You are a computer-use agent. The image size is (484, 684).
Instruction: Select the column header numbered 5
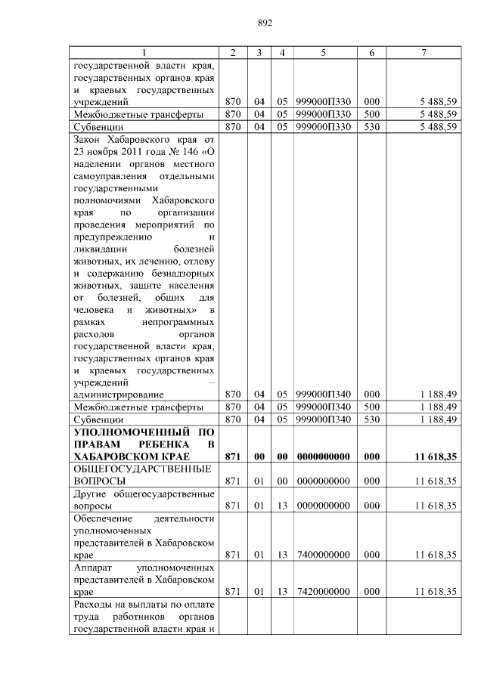tap(323, 52)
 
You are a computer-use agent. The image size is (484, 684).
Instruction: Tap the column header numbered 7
tap(424, 52)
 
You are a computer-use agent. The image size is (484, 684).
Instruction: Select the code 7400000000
tap(323, 554)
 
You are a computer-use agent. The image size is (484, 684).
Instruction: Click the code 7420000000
tap(323, 591)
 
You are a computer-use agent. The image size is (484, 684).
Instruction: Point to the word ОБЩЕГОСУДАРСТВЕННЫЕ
tap(141, 469)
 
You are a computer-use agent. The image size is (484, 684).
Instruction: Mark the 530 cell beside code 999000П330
tap(371, 126)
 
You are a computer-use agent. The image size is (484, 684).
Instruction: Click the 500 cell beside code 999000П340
tap(371, 407)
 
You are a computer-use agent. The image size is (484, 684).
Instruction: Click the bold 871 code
tap(232, 457)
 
